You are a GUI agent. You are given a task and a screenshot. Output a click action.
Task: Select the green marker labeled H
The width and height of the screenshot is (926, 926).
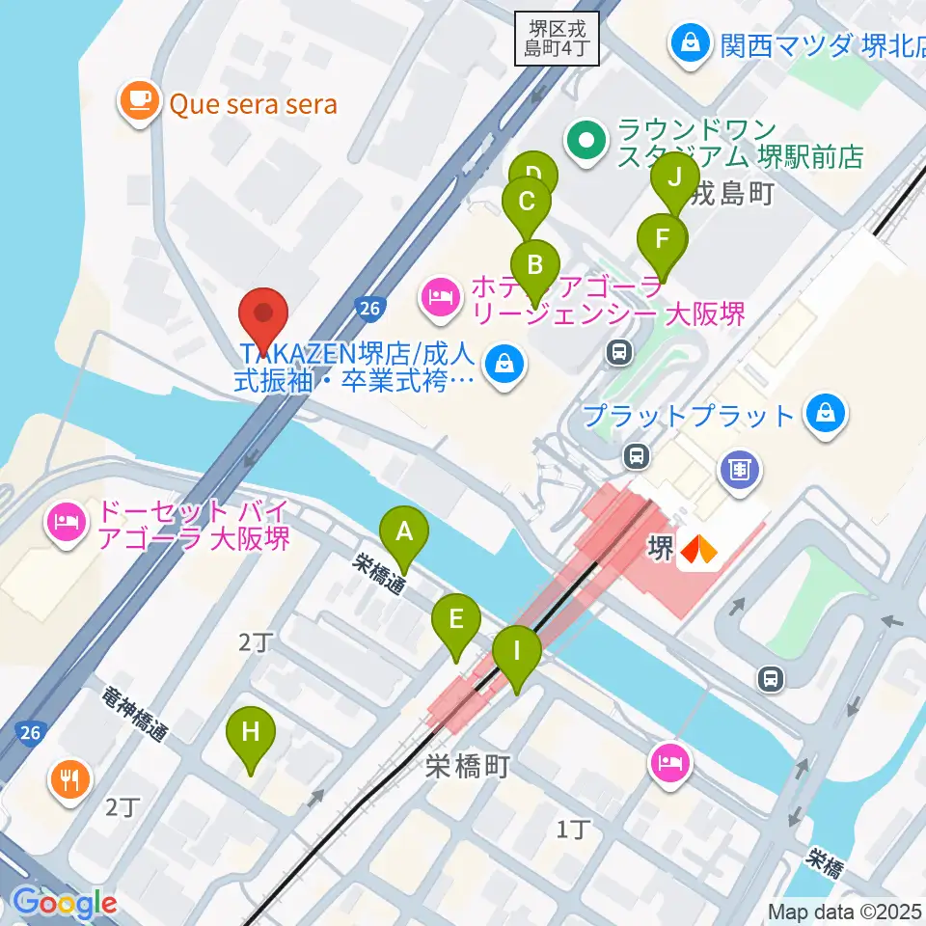(x=250, y=732)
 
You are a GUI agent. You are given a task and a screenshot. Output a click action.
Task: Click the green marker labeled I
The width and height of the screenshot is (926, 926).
(x=516, y=651)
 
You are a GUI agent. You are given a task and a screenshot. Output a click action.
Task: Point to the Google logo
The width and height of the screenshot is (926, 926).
(x=65, y=904)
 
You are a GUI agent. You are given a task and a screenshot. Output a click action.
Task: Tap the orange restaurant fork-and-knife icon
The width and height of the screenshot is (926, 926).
(x=68, y=777)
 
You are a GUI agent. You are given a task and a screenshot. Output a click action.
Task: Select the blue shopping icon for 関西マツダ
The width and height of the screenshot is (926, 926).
(x=691, y=44)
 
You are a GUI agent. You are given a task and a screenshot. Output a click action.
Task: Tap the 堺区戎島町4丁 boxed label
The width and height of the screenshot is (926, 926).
(x=558, y=38)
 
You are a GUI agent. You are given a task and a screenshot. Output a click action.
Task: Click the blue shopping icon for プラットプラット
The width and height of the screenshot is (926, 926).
(x=825, y=416)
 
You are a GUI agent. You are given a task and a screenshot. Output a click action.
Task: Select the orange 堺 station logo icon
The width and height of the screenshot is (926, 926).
(x=699, y=550)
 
